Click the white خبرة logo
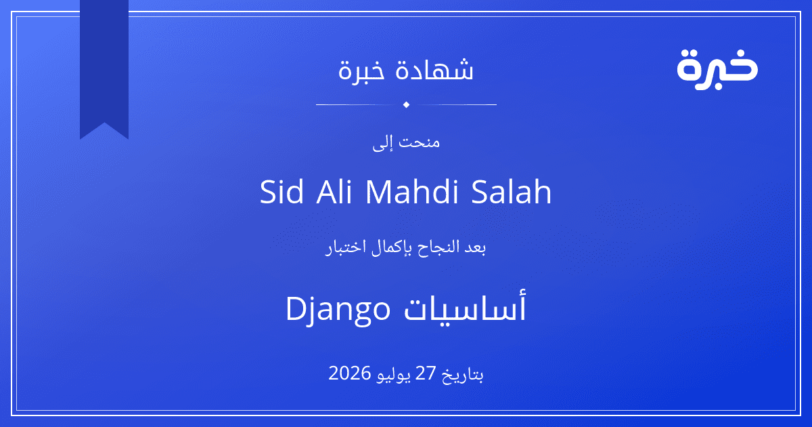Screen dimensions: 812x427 [x=717, y=69]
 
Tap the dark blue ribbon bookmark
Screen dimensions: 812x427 [x=104, y=65]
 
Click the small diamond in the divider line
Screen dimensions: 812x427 [x=407, y=104]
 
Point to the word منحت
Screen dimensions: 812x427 [x=419, y=142]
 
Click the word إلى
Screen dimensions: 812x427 [x=382, y=143]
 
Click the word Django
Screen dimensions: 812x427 [x=338, y=308]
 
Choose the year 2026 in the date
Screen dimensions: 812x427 [x=349, y=373]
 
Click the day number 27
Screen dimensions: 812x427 [x=425, y=373]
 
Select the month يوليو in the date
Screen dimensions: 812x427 [x=394, y=375]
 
